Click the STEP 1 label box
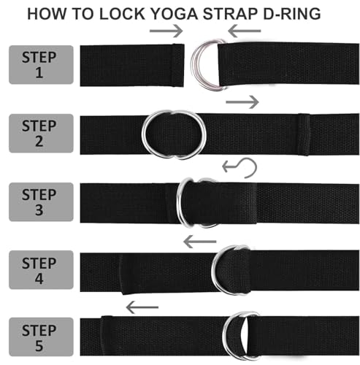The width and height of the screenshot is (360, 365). (x=40, y=64)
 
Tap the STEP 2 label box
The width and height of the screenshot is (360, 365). (x=40, y=132)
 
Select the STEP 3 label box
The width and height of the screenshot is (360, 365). (x=40, y=201)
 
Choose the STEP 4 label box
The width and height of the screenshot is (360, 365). (x=40, y=269)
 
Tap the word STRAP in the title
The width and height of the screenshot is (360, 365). (x=233, y=14)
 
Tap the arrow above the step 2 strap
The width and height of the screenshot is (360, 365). (x=242, y=101)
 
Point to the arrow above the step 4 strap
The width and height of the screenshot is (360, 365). (x=199, y=240)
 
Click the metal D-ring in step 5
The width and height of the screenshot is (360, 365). (x=239, y=337)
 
